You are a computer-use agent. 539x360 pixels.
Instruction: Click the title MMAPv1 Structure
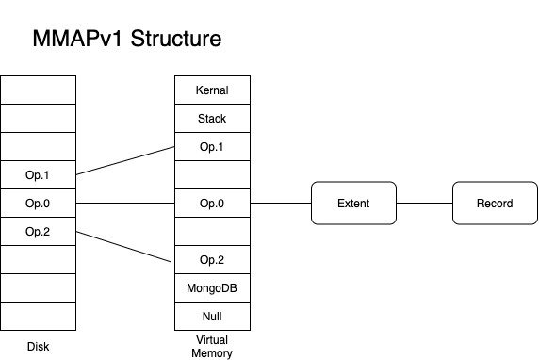tap(127, 40)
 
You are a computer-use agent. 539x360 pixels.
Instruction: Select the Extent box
tap(353, 203)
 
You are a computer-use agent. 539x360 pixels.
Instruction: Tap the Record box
tap(494, 203)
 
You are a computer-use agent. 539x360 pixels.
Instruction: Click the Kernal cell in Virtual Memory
tap(211, 90)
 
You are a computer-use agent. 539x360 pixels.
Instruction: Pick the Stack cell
tap(211, 119)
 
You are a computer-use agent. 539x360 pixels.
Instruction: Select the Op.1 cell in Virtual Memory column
tap(211, 147)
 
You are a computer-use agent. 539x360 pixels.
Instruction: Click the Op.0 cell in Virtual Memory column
tap(211, 203)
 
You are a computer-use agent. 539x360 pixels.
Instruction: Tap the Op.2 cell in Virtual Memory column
tap(211, 259)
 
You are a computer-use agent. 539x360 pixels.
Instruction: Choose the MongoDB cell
tap(211, 287)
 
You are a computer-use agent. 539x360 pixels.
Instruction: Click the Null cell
tap(211, 316)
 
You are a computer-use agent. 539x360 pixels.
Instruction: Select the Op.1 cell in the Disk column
tap(39, 175)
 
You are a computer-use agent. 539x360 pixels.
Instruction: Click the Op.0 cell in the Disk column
tap(39, 203)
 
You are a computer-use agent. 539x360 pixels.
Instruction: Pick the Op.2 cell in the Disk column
tap(39, 231)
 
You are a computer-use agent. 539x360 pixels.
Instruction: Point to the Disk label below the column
tap(39, 346)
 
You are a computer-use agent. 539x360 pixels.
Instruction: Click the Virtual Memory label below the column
tap(211, 347)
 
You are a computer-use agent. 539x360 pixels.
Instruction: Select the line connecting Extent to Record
tap(424, 203)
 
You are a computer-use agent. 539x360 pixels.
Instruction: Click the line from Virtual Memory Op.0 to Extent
tap(281, 203)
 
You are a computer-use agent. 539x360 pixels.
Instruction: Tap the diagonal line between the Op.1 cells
tap(125, 160)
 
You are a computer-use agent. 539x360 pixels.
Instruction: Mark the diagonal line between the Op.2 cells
tap(125, 246)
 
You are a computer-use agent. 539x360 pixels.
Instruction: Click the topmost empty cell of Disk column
tap(39, 90)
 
